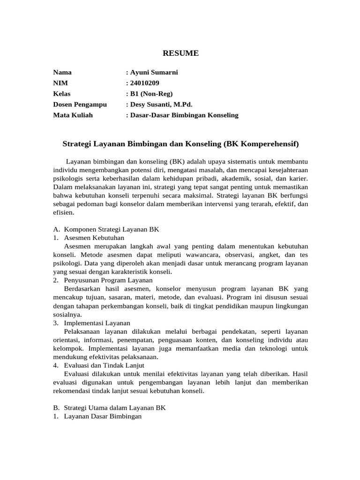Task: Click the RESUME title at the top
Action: [180, 53]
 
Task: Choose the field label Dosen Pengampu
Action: [80, 104]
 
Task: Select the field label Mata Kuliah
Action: [73, 115]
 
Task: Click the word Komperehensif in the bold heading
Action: [269, 142]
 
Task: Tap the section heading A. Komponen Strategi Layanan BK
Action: [106, 229]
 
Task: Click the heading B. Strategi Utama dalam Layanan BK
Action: [109, 408]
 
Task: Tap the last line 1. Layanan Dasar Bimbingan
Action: [97, 416]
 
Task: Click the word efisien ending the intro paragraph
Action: [63, 212]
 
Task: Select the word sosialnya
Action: [67, 314]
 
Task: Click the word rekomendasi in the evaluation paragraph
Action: [71, 391]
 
